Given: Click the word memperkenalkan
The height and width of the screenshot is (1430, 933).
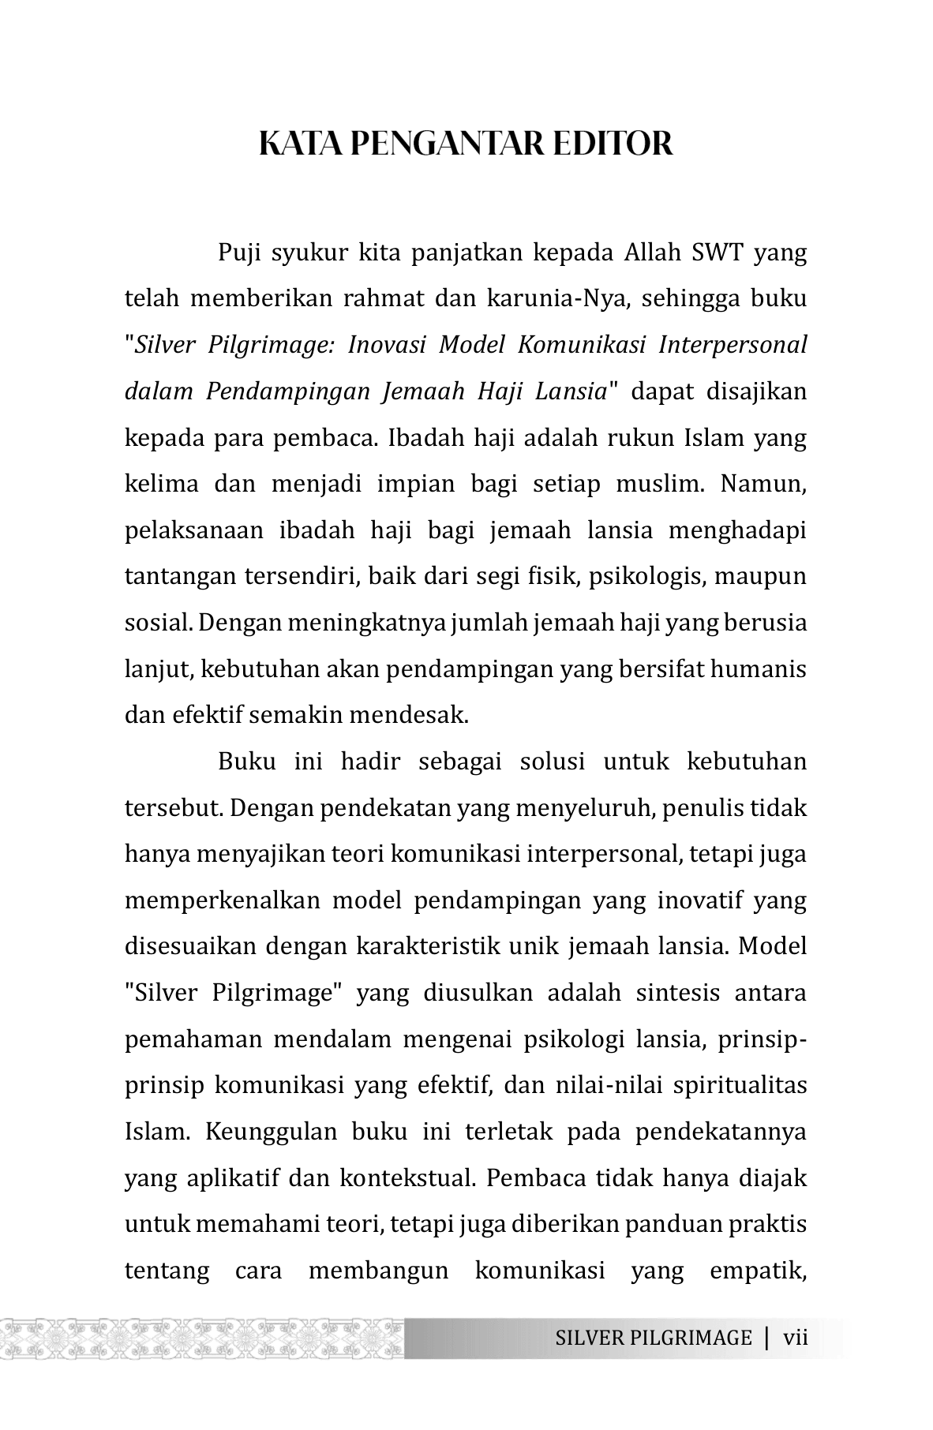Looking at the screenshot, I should [223, 900].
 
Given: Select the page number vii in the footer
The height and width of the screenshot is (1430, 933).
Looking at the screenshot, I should [796, 1338].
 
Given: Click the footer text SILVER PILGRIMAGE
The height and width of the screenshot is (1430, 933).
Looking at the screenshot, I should [653, 1338].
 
